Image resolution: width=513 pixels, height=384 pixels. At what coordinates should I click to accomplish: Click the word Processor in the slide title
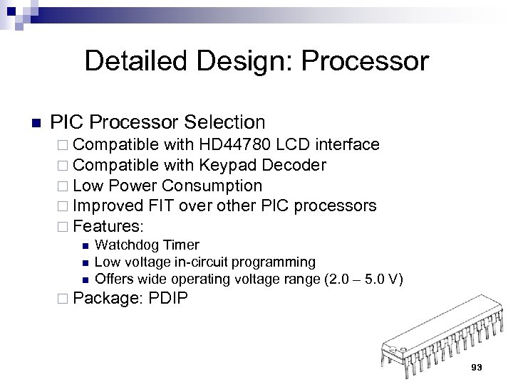pos(365,62)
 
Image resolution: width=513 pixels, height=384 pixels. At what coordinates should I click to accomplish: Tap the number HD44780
pos(235,145)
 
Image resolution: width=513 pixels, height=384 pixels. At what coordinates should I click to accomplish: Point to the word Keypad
pos(230,166)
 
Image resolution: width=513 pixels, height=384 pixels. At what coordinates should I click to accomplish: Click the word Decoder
pos(294,166)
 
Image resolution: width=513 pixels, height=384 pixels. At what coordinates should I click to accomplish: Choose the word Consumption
pos(212,186)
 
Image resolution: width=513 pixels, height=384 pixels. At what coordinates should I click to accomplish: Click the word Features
pos(108,227)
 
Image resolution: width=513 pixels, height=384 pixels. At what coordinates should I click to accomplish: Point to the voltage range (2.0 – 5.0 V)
pos(363,279)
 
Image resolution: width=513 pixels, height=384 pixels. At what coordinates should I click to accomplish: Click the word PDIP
pos(169,298)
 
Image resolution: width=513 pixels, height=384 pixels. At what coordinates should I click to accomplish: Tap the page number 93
pos(477,367)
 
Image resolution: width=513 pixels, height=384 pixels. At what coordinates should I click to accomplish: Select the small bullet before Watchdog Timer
pos(84,246)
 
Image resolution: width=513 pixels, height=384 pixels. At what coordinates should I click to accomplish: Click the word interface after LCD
pos(347,145)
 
